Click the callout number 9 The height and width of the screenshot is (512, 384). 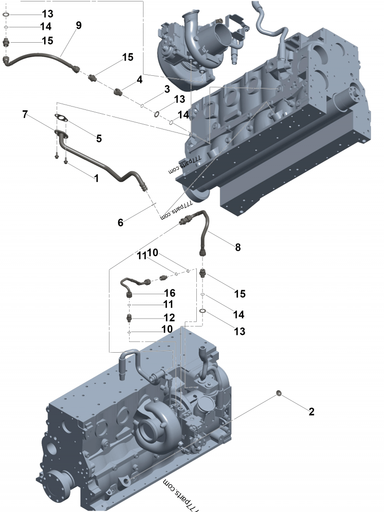79,25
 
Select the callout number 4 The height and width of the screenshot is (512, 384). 139,79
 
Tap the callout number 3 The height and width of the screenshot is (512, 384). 167,89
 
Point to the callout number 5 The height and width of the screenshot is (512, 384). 99,138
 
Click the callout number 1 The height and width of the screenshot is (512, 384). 96,178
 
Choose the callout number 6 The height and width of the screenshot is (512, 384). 120,222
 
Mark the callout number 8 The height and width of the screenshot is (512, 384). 238,247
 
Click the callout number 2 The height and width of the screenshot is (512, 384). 312,411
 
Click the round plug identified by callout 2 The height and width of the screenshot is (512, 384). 279,393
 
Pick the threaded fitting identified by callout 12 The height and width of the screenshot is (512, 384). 129,318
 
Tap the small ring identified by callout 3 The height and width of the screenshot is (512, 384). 143,104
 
